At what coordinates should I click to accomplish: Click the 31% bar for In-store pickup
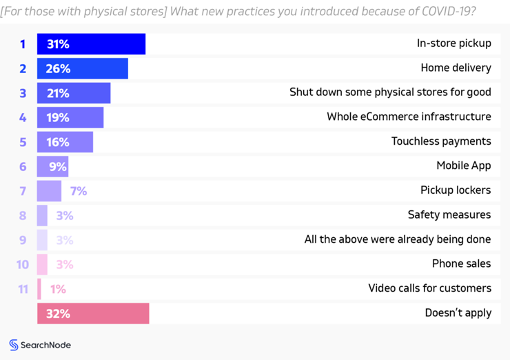point(91,44)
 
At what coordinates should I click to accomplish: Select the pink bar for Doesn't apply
point(93,314)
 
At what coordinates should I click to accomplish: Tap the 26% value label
point(59,68)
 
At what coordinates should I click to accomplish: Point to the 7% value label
point(79,191)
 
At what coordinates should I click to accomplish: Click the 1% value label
point(58,289)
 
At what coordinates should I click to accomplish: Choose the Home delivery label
point(456,68)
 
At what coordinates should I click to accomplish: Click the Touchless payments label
point(441,141)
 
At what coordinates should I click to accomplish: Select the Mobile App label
point(463,166)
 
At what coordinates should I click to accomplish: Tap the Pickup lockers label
point(456,190)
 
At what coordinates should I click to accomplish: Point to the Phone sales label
point(461,263)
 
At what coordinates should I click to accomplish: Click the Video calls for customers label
point(429,288)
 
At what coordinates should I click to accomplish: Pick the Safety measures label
point(449,214)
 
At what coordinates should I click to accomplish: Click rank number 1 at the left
point(23,44)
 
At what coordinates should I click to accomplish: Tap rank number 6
point(23,166)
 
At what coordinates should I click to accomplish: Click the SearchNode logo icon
point(14,345)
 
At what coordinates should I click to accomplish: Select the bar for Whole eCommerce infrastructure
point(70,117)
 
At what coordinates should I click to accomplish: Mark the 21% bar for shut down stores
point(74,93)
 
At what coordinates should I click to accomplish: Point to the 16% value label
point(59,142)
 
